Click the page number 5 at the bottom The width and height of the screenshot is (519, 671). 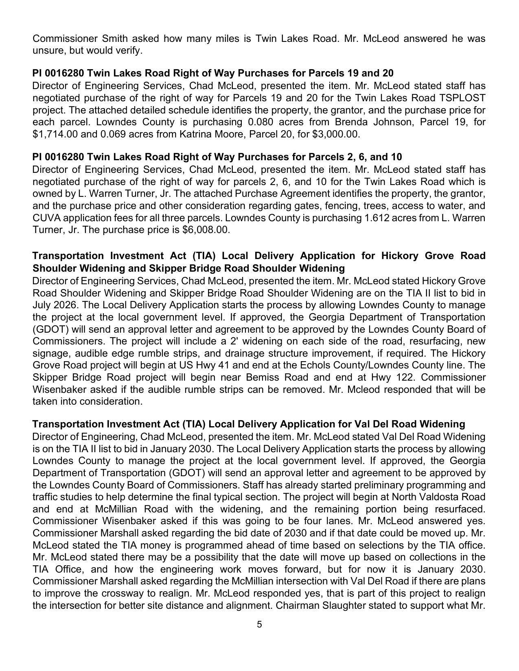[x=259, y=625]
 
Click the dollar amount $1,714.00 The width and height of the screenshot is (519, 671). [x=55, y=134]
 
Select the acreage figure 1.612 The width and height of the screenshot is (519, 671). [x=374, y=218]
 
